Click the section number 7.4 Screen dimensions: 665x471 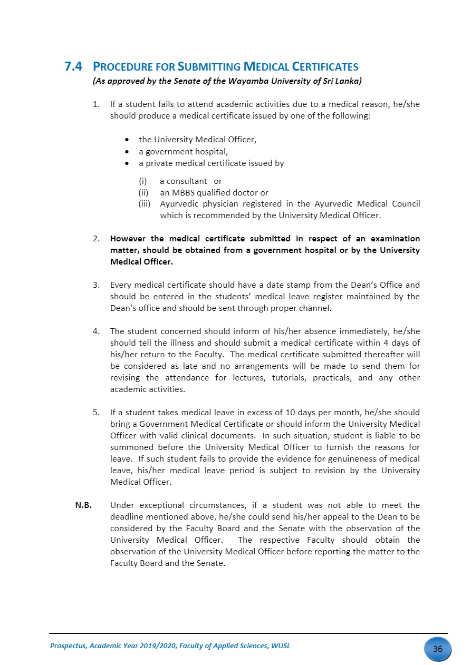[73, 67]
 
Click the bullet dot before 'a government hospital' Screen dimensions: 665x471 [127, 152]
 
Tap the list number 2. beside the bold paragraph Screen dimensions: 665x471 [97, 239]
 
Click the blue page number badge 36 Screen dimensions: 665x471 [437, 649]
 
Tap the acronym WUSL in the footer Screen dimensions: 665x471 [280, 646]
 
